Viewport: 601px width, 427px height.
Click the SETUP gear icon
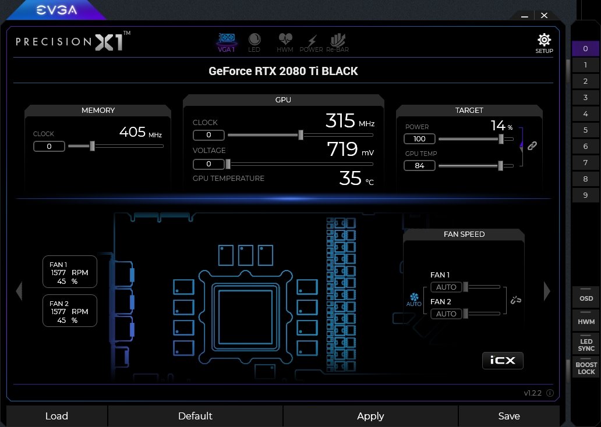[544, 40]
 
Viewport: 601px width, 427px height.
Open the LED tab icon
[254, 39]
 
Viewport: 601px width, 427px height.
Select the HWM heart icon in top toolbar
[285, 38]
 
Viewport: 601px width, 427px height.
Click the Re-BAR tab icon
[338, 40]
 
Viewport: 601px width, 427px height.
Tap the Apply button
[370, 416]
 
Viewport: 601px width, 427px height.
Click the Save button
[509, 416]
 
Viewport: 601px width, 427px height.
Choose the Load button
[56, 416]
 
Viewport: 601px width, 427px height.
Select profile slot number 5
[585, 130]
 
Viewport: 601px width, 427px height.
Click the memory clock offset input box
[49, 146]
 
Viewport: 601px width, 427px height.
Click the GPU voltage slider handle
[228, 164]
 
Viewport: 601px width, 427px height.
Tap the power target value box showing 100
[419, 138]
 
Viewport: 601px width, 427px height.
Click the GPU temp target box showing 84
[419, 165]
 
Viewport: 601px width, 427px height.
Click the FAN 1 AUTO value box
[446, 287]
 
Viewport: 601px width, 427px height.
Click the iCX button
[503, 360]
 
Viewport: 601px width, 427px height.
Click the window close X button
[545, 15]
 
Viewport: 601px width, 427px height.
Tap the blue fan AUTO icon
[414, 300]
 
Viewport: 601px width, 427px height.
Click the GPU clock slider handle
[301, 135]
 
